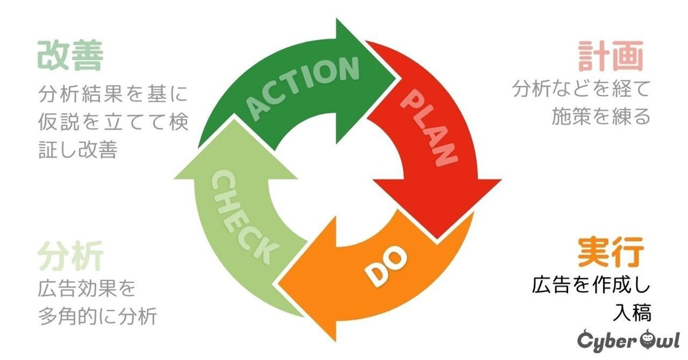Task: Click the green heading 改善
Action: click(x=70, y=56)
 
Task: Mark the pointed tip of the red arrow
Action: click(x=436, y=237)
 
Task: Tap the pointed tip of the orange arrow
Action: click(x=280, y=282)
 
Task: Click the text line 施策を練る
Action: click(x=601, y=116)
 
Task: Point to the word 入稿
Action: click(x=631, y=313)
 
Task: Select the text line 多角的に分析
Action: click(x=97, y=317)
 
